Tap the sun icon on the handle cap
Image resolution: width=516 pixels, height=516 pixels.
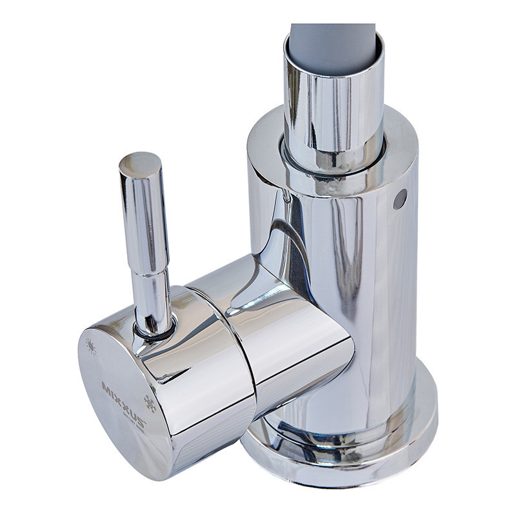coord(91,347)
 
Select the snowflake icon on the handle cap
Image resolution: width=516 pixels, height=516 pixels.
coord(150,404)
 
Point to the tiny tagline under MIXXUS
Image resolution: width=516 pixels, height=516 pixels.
coord(130,418)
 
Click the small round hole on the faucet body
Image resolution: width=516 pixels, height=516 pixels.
coord(400,199)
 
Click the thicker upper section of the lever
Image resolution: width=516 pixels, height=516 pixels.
coord(144,219)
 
